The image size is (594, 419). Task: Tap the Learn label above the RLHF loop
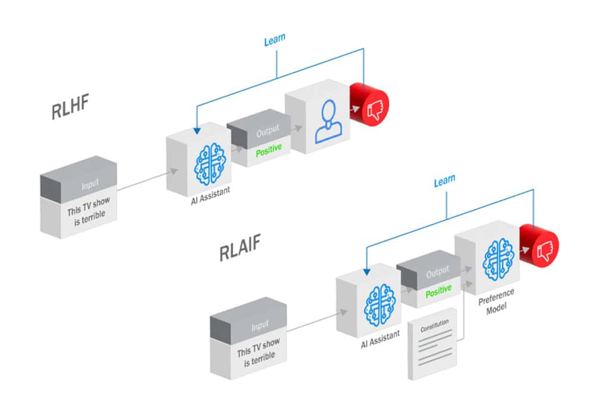(274, 39)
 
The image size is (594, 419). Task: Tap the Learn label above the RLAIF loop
(444, 180)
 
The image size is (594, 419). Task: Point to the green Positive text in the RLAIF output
(438, 290)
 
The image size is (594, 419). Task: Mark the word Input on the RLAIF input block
(260, 326)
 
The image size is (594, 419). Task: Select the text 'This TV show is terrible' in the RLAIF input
(259, 349)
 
